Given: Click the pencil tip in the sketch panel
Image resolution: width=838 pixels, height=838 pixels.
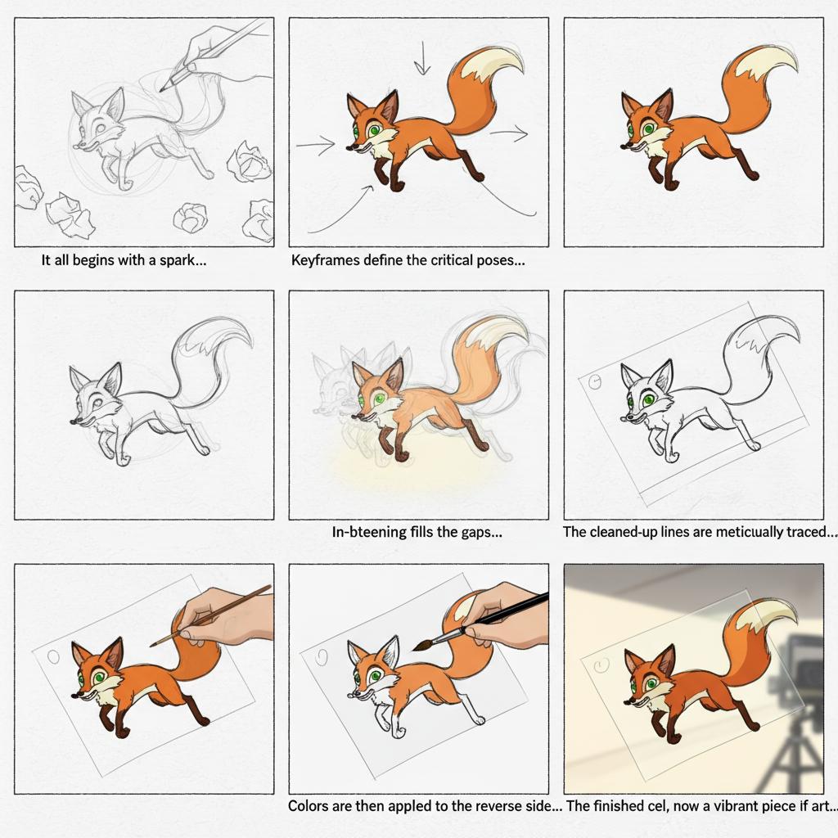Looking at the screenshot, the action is point(161,89).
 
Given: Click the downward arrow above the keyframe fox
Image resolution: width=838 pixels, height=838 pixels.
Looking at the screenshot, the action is point(422,58).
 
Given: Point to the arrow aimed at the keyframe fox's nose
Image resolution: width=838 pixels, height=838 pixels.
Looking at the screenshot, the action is point(316,144).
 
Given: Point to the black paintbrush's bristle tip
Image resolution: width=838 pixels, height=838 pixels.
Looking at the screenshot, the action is point(414,648).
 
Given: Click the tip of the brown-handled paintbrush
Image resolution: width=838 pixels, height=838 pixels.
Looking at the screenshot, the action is point(152,645).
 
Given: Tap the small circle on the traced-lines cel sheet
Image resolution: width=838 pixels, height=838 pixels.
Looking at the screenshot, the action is point(594,381).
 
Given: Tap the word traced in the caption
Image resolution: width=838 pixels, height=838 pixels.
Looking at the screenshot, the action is point(806,532).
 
